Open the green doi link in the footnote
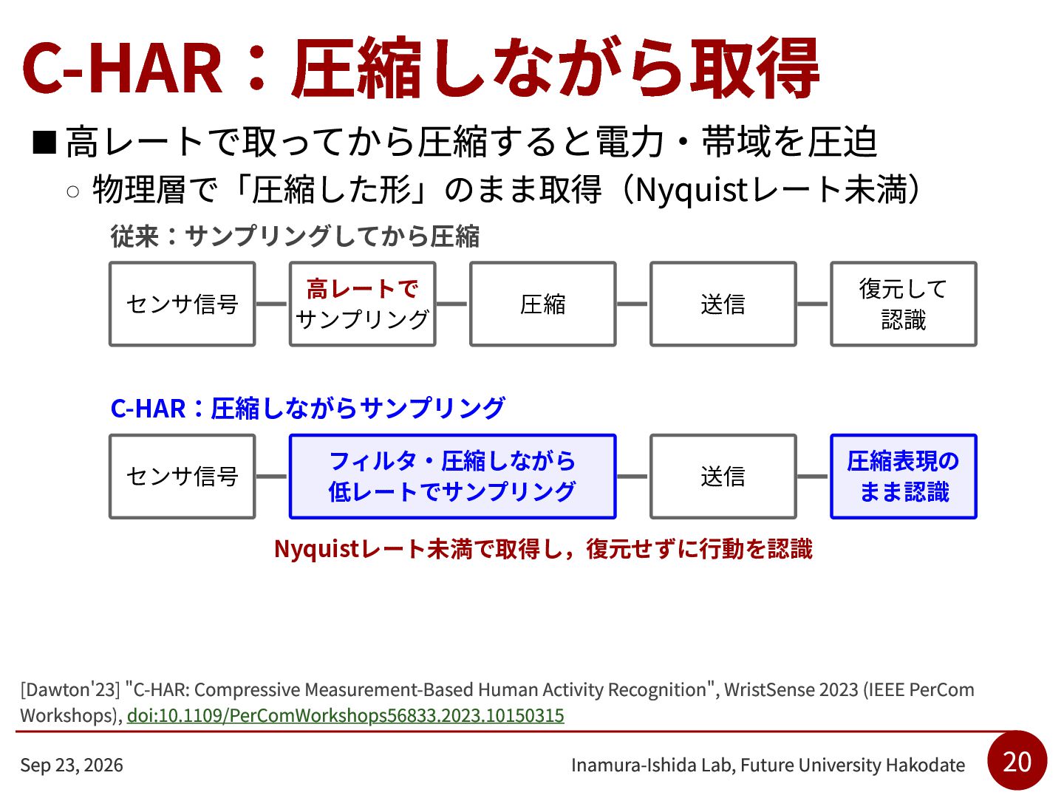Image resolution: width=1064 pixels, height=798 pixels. click(345, 716)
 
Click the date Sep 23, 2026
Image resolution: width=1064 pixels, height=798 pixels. click(72, 765)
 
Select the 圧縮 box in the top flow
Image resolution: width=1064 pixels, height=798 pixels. click(542, 304)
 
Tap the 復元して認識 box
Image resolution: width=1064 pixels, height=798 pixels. click(903, 304)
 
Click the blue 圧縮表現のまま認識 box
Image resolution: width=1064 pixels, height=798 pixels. click(903, 477)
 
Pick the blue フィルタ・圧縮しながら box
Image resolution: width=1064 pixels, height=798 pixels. click(452, 477)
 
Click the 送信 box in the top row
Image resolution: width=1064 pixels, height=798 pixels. click(723, 304)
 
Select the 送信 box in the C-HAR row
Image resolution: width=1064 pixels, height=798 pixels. click(723, 477)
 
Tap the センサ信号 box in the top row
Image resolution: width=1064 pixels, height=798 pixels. click(182, 304)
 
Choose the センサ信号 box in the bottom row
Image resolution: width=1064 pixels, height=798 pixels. click(182, 477)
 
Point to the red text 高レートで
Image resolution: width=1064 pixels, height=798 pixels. click(362, 289)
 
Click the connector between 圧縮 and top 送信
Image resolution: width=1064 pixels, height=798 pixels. click(632, 304)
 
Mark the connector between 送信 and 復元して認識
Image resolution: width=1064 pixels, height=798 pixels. click(813, 304)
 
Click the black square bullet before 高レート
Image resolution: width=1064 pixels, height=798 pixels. click(44, 143)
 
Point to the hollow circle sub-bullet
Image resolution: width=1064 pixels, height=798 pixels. click(72, 192)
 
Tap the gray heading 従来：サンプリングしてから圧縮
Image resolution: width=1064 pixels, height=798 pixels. click(295, 236)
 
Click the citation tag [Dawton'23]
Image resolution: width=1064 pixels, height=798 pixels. click(69, 689)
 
